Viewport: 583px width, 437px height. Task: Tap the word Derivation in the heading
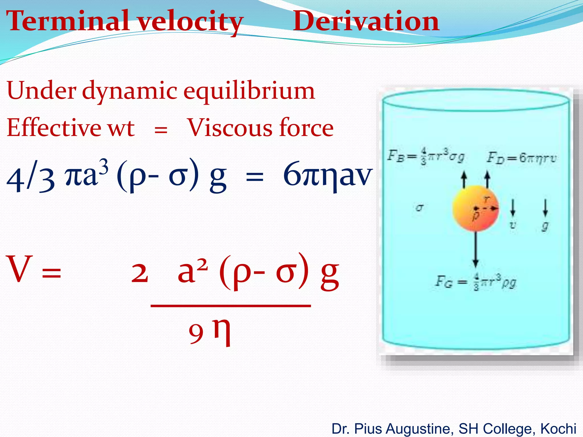(x=366, y=21)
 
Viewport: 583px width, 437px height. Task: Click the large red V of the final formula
(x=19, y=269)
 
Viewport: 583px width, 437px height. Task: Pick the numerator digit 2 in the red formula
(x=139, y=273)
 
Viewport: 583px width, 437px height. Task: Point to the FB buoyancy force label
(x=426, y=156)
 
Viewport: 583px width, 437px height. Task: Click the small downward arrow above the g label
(x=545, y=208)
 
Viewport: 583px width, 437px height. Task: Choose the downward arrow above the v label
(x=513, y=208)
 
